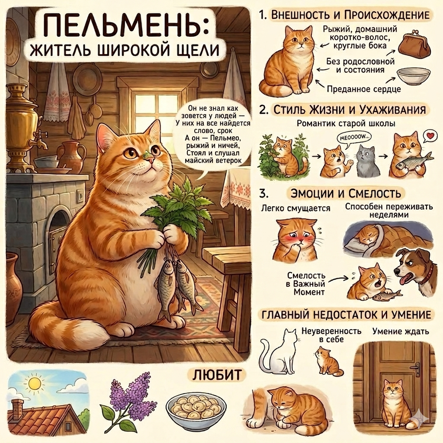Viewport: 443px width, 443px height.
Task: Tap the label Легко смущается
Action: (295, 209)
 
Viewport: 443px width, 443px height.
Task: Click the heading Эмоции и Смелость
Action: (346, 194)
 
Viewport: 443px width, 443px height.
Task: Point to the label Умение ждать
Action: (401, 331)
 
